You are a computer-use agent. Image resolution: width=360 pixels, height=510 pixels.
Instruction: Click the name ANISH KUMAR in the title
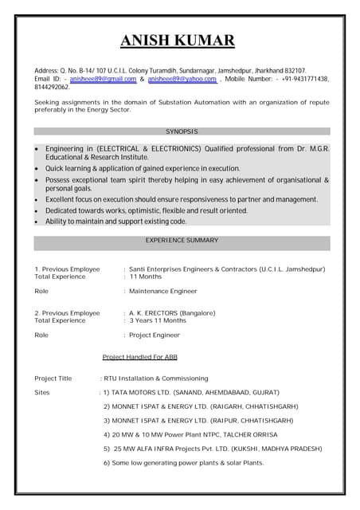(x=178, y=40)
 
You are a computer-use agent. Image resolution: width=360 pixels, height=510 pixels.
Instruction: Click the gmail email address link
(x=103, y=79)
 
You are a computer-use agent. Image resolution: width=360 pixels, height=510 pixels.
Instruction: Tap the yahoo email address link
(x=182, y=79)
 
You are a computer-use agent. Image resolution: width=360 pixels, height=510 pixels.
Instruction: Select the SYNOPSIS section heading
(x=182, y=131)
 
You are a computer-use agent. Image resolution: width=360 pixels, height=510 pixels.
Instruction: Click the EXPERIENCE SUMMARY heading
(x=182, y=240)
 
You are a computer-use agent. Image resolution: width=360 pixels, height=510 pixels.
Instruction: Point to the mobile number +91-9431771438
(x=303, y=79)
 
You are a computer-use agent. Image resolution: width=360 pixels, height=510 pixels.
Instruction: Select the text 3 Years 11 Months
(x=158, y=320)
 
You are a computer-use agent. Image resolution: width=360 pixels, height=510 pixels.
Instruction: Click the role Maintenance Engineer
(x=163, y=292)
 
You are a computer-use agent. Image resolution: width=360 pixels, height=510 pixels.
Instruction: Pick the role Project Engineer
(x=155, y=335)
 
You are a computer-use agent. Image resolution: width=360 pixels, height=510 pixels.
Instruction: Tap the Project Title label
(x=53, y=379)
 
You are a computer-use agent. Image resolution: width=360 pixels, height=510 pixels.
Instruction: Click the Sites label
(x=42, y=393)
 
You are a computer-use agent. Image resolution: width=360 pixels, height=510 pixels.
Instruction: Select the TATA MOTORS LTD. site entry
(x=191, y=393)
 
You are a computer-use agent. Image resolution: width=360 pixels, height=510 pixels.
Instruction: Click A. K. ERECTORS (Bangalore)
(x=172, y=313)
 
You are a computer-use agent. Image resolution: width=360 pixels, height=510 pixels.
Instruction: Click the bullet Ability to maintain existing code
(x=115, y=221)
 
